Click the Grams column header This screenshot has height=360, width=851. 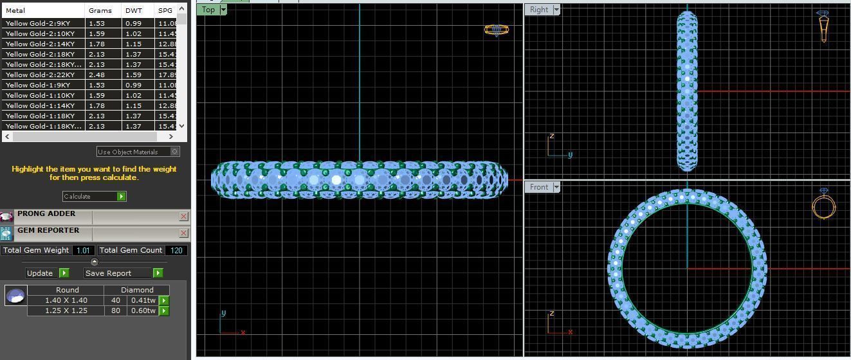coord(100,10)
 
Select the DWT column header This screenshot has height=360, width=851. coord(134,10)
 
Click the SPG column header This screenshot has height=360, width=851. coord(165,10)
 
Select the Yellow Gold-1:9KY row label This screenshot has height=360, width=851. coord(38,85)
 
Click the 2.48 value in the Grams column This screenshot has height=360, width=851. coord(96,75)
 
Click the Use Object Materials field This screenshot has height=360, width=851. coord(133,152)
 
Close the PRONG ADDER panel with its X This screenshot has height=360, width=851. coord(183,217)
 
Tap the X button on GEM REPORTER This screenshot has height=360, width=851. coord(183,233)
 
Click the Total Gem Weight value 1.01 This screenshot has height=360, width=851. coord(83,250)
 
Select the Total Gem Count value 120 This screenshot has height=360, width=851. coord(176,250)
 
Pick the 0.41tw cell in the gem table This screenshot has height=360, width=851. coord(143,300)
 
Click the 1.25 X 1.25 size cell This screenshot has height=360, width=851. coord(66,310)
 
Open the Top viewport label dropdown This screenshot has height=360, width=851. coord(223,10)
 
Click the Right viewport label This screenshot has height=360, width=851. coord(538,10)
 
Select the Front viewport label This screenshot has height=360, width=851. coord(538,187)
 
